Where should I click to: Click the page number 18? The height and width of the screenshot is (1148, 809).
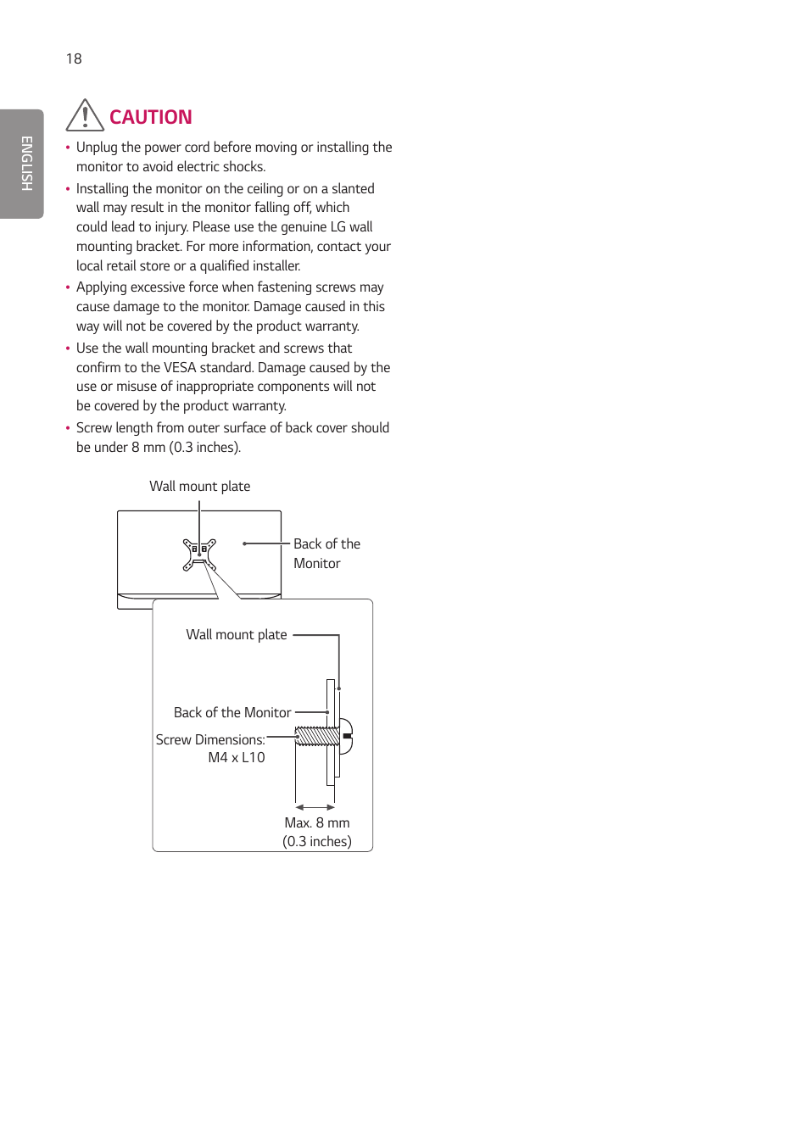74,59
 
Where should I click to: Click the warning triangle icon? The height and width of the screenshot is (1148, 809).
85,116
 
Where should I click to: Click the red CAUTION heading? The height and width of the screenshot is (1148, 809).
150,117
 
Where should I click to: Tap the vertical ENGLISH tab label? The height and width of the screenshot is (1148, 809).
26,164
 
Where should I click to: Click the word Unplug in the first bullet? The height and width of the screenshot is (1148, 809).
97,148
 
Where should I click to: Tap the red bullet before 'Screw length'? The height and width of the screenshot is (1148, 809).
68,428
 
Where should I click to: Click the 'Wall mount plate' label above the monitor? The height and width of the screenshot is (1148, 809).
199,487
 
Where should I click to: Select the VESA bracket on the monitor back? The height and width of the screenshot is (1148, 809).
199,554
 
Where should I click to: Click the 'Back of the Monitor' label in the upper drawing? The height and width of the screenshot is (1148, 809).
326,554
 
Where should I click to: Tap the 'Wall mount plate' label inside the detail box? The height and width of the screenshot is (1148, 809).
237,635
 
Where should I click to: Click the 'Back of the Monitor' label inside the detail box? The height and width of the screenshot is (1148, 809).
232,713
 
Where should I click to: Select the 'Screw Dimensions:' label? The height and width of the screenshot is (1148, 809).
210,740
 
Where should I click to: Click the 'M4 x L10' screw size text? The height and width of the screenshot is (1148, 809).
237,758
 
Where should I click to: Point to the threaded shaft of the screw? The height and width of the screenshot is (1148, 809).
316,736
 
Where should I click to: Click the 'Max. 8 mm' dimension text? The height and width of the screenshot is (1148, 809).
317,823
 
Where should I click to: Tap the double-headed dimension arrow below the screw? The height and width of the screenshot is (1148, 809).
315,807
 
